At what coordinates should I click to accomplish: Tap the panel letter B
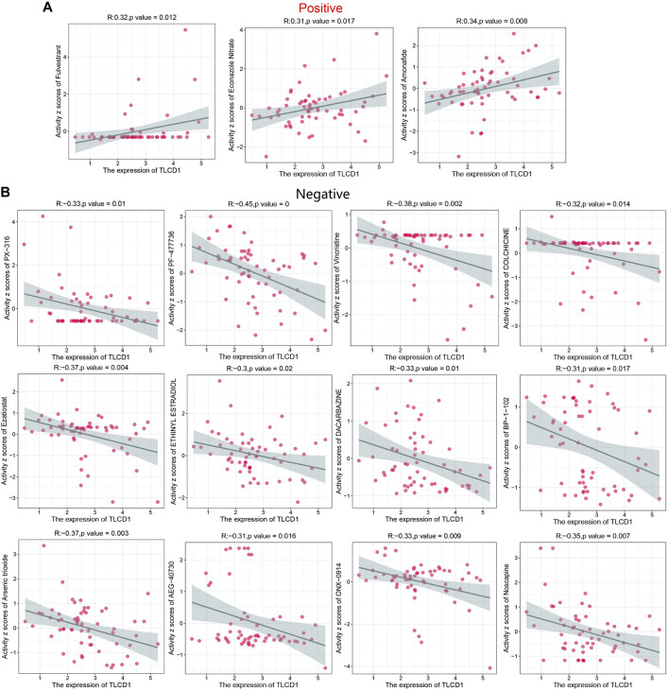coord(7,190)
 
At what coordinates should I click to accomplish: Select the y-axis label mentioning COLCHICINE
coord(512,282)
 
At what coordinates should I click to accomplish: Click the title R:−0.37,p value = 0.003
coord(85,533)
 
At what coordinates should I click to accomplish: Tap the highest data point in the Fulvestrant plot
coord(185,29)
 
